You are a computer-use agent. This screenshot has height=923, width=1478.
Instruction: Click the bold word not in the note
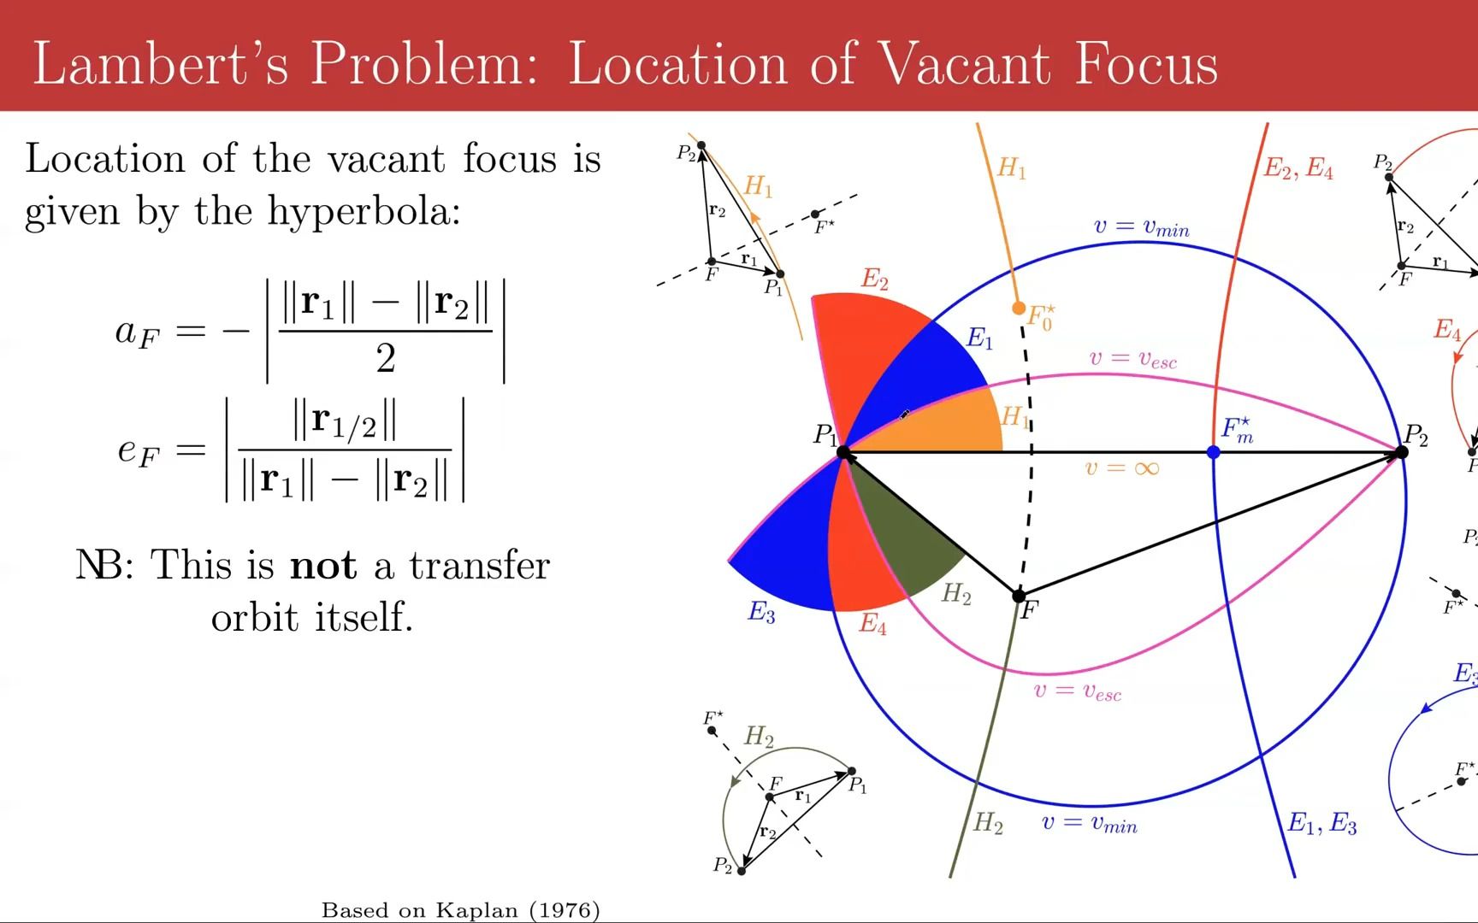click(x=323, y=566)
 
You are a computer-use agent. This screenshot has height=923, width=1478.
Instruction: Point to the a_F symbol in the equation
click(x=137, y=332)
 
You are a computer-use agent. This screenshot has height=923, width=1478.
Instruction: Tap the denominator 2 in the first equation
click(x=386, y=358)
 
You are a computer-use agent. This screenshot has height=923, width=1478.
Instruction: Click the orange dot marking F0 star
click(x=1018, y=308)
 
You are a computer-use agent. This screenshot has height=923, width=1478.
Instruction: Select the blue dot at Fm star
click(x=1214, y=452)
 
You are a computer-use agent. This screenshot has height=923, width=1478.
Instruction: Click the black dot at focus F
click(x=1019, y=595)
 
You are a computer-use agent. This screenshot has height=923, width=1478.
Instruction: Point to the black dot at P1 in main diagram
click(x=843, y=452)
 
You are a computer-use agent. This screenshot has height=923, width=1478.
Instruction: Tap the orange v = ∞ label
click(x=1121, y=468)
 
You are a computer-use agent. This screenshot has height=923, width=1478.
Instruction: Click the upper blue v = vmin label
click(x=1141, y=227)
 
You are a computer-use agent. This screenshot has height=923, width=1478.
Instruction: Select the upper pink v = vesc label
click(x=1132, y=359)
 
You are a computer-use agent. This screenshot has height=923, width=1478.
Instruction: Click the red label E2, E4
click(x=1298, y=169)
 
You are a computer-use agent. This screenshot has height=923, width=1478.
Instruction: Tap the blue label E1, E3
click(x=1322, y=823)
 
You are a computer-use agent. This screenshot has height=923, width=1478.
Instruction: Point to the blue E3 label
click(x=761, y=612)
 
